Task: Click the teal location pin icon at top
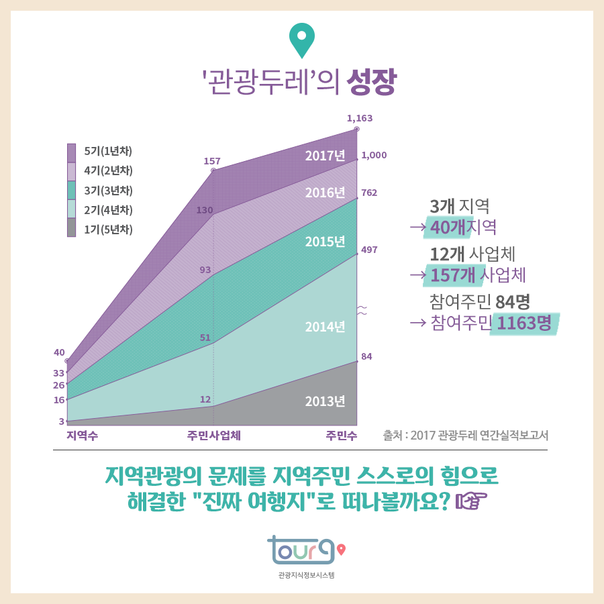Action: [x=302, y=40]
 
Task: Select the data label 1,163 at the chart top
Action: [x=359, y=118]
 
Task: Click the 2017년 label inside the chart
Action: [x=325, y=156]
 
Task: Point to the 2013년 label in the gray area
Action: [x=325, y=401]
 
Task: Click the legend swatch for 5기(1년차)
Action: [x=72, y=152]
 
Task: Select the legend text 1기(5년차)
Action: [x=108, y=229]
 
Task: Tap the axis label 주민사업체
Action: [x=214, y=435]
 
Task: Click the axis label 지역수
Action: [x=82, y=435]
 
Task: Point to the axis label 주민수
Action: [x=342, y=435]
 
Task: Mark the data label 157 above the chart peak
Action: [x=212, y=161]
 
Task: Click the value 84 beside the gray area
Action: [x=366, y=356]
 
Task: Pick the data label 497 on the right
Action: [x=369, y=250]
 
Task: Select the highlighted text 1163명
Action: [x=525, y=323]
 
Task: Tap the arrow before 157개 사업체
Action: [x=418, y=275]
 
